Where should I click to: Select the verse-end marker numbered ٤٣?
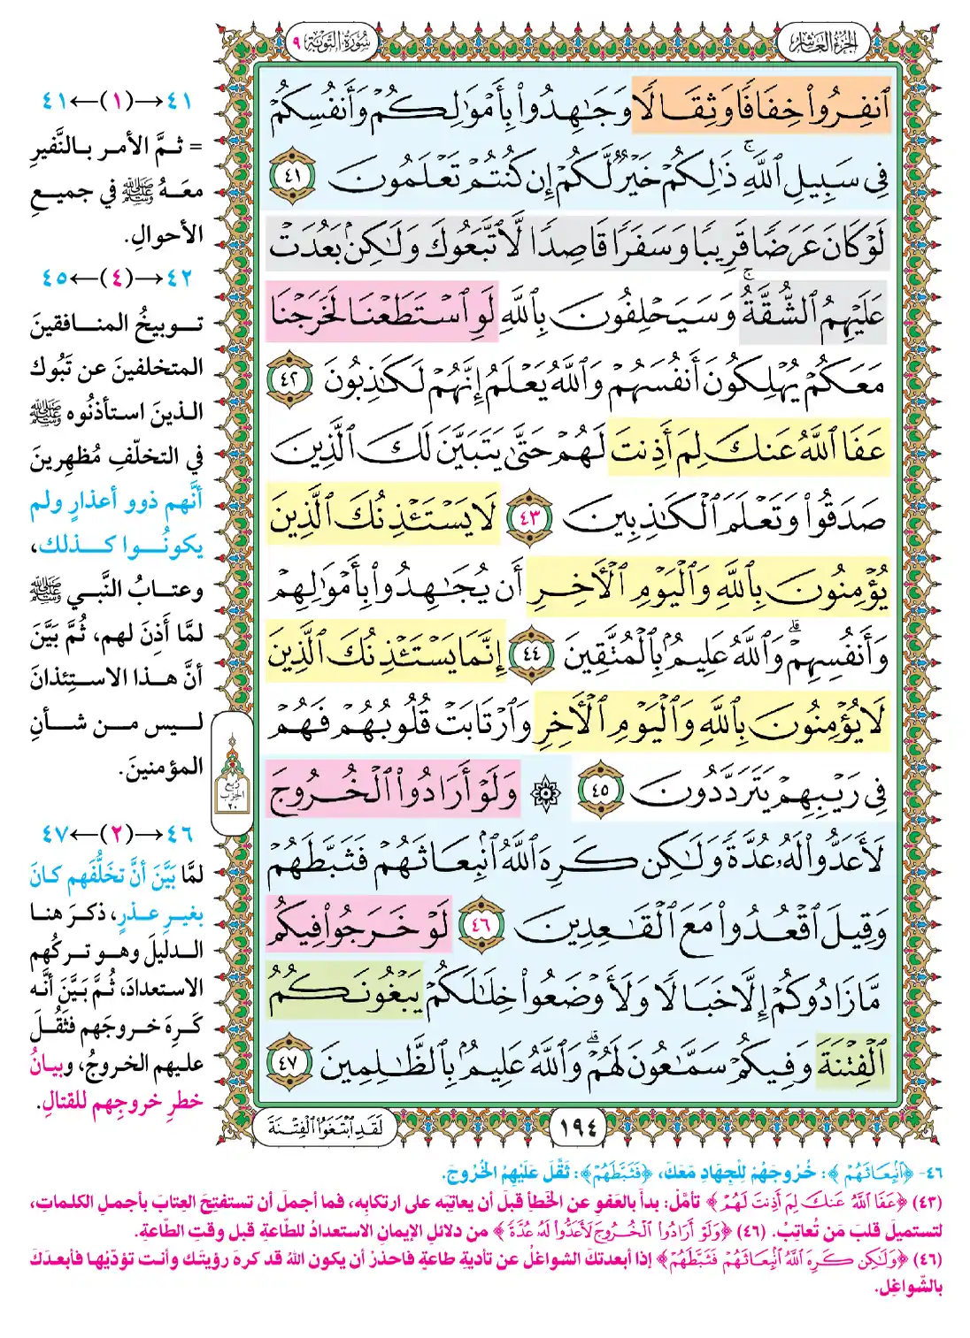tap(529, 518)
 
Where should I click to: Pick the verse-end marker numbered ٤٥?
tap(600, 790)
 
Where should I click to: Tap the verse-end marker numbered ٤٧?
tap(291, 1062)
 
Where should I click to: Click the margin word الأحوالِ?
tap(164, 235)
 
